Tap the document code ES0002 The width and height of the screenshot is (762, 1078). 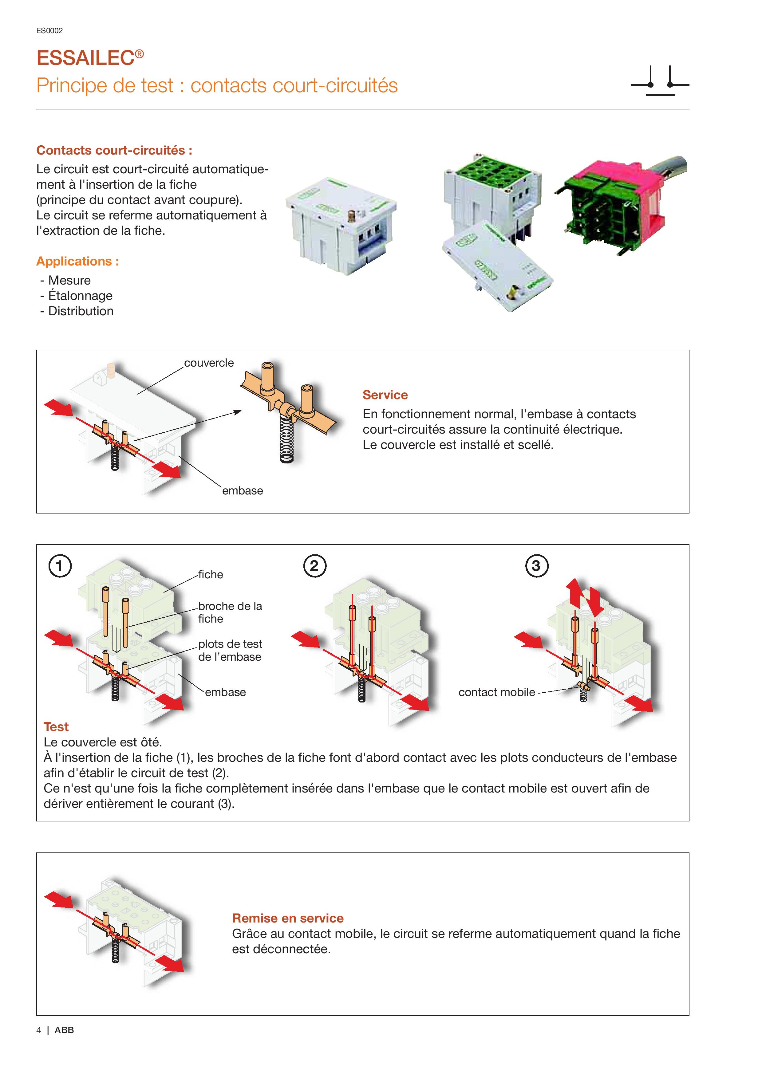49,30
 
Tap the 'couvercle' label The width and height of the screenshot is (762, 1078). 208,363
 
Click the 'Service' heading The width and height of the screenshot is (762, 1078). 385,395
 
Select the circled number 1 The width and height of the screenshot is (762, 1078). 60,566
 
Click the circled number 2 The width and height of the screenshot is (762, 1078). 314,566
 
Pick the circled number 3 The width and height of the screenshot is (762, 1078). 536,566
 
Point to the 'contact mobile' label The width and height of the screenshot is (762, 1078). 496,692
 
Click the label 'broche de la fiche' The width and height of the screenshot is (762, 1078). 230,612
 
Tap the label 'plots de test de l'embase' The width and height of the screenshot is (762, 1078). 230,650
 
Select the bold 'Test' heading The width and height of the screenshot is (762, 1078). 56,727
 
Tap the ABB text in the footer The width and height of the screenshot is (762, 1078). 64,1030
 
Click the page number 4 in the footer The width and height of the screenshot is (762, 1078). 38,1030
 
